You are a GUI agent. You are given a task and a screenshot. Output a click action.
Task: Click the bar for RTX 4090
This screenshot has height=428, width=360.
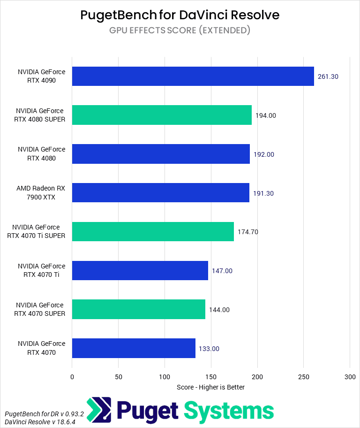click(x=193, y=76)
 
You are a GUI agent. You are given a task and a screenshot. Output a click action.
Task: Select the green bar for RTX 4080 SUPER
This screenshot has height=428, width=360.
click(x=162, y=115)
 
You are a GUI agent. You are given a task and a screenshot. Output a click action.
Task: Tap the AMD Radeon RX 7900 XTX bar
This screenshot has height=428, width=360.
click(x=160, y=192)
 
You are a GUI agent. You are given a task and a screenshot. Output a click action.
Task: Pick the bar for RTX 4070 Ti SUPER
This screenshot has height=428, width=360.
click(x=153, y=231)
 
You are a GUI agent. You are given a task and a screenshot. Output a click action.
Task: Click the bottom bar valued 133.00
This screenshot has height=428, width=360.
click(x=134, y=348)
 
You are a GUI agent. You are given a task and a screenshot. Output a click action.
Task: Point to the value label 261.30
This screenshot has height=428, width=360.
click(x=328, y=76)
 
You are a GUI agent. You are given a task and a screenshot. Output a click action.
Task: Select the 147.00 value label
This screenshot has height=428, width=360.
click(x=222, y=271)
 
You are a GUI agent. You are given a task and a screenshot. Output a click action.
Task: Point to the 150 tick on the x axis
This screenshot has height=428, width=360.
click(x=211, y=376)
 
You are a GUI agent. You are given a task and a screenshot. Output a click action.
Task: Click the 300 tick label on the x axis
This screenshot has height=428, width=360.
click(x=350, y=376)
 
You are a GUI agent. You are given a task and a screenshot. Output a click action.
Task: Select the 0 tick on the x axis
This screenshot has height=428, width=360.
click(x=72, y=376)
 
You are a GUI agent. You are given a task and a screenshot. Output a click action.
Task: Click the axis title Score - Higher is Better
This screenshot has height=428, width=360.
click(x=210, y=387)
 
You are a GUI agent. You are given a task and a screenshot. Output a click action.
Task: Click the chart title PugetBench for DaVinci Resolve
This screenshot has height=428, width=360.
click(x=180, y=15)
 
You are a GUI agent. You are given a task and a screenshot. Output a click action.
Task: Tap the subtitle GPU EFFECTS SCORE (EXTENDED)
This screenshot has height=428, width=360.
click(x=180, y=31)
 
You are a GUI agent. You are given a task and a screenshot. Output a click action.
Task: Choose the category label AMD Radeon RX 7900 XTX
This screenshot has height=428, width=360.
click(x=41, y=192)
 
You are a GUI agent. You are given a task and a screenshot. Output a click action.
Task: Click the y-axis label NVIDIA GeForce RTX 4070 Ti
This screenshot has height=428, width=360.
click(x=41, y=271)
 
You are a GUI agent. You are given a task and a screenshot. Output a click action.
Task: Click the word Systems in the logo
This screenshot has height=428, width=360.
click(x=228, y=411)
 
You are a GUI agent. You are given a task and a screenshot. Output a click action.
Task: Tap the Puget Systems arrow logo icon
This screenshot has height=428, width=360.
click(x=99, y=410)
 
